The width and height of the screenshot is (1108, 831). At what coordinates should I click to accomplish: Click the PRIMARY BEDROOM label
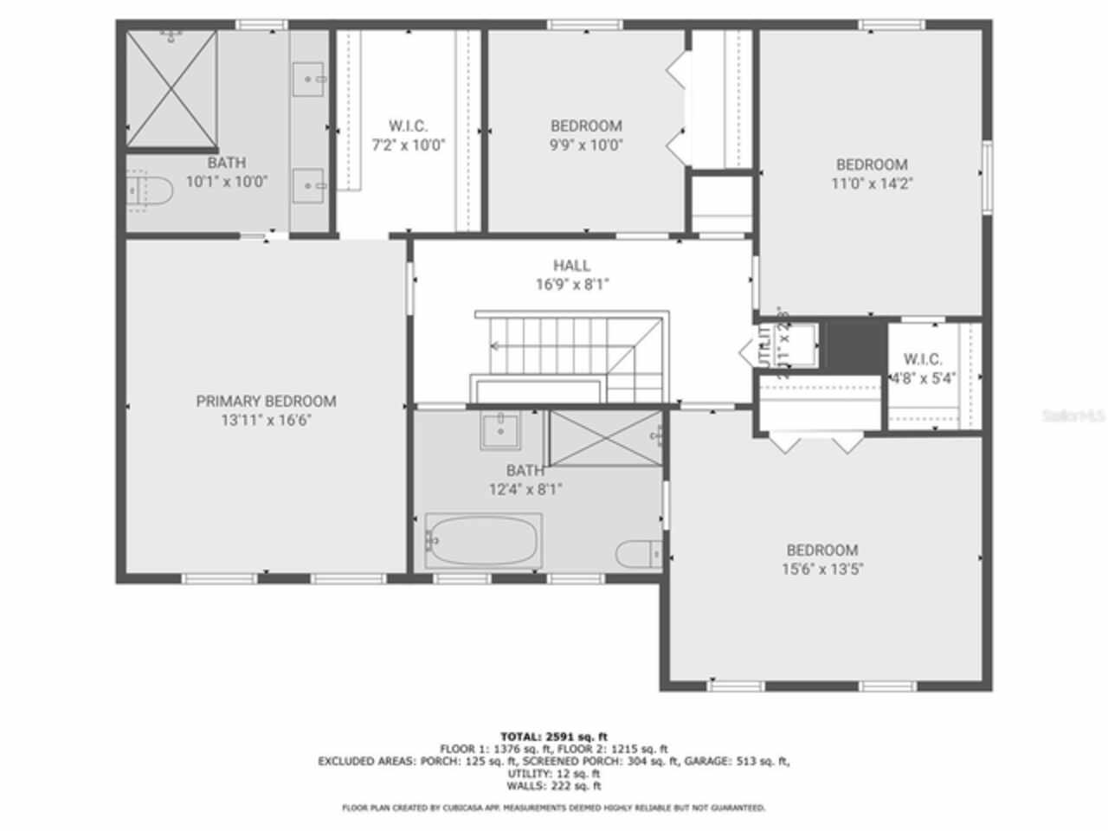(266, 401)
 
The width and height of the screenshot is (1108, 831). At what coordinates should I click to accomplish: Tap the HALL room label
(571, 266)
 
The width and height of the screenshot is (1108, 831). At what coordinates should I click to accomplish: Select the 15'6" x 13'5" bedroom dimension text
(821, 570)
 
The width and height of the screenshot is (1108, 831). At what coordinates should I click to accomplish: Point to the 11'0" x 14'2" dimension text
(871, 184)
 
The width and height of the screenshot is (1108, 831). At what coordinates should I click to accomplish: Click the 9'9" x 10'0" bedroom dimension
(586, 145)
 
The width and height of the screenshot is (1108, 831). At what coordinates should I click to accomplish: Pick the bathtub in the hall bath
(483, 540)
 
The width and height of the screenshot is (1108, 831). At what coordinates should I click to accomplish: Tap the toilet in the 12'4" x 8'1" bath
(639, 552)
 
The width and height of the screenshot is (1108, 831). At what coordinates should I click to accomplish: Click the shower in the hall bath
(605, 438)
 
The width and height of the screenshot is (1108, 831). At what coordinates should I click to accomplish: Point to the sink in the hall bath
(501, 430)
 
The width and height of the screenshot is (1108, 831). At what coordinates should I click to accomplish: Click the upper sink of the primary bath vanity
(309, 80)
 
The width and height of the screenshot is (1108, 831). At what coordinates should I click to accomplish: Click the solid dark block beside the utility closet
(854, 344)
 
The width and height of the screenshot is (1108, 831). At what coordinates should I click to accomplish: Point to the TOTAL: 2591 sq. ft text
(554, 737)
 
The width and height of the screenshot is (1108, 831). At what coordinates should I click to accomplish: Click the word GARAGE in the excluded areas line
(731, 762)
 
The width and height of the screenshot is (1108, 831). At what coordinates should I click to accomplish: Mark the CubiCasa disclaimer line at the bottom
(554, 808)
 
